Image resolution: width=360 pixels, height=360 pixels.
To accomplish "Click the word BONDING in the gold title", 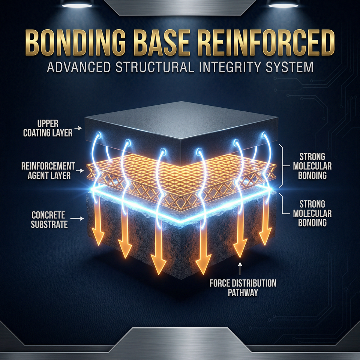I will pyautogui.click(x=81, y=44).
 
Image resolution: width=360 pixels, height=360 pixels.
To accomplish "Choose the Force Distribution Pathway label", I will pyautogui.click(x=243, y=287).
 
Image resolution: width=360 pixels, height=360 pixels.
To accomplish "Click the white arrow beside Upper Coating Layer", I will pyautogui.click(x=79, y=128).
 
